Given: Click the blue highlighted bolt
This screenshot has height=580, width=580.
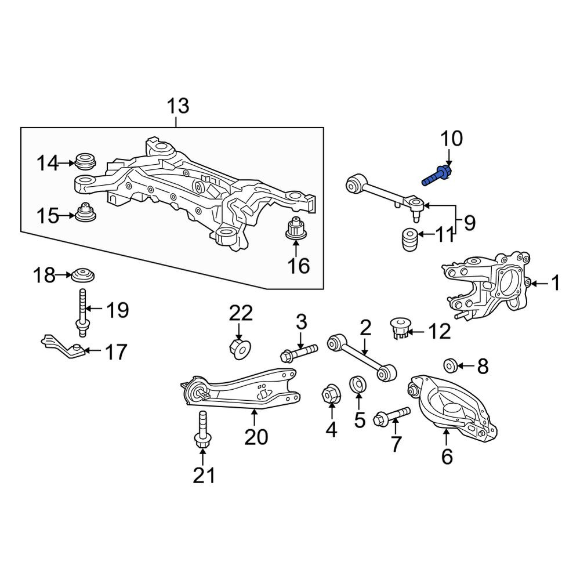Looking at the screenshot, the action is [x=437, y=176].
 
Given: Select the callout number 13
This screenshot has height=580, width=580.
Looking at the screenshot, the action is [x=178, y=106].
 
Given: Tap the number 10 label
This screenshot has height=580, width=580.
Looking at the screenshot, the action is [x=451, y=139].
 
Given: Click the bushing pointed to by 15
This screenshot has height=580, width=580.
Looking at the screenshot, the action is [x=86, y=212].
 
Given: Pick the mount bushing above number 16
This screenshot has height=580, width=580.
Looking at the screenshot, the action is [x=296, y=227].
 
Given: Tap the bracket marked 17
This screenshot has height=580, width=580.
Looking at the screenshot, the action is [x=63, y=347].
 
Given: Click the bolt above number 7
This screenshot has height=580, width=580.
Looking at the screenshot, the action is [x=392, y=416].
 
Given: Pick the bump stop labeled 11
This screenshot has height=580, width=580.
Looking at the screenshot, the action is [x=409, y=240].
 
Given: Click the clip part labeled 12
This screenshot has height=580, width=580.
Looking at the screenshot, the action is [x=399, y=328].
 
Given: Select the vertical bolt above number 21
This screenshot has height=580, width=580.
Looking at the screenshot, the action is [x=202, y=430].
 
